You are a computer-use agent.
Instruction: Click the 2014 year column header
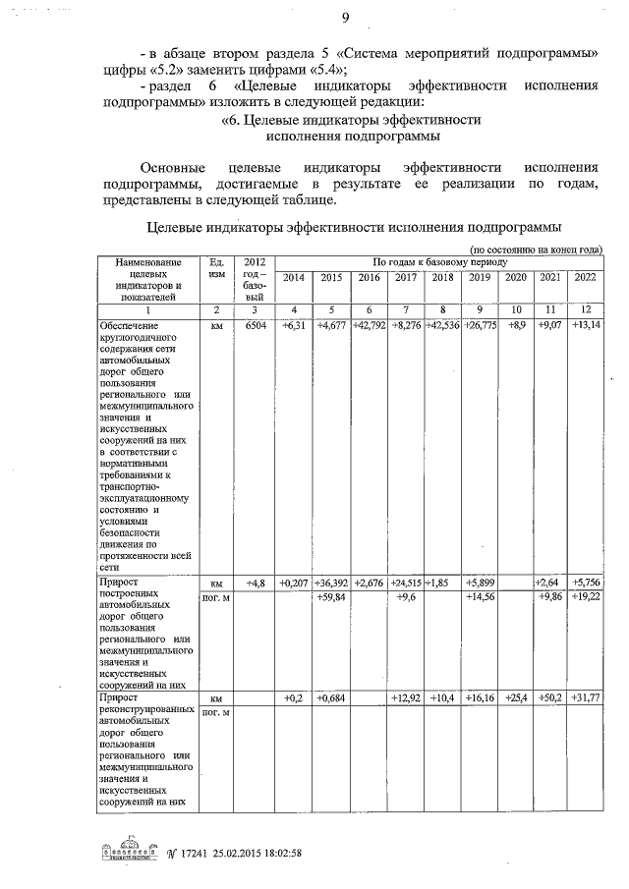[x=294, y=278]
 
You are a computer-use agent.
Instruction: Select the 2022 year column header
[x=585, y=278]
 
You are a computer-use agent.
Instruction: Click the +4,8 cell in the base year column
[x=255, y=583]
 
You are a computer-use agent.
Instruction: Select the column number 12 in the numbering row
[x=585, y=309]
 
